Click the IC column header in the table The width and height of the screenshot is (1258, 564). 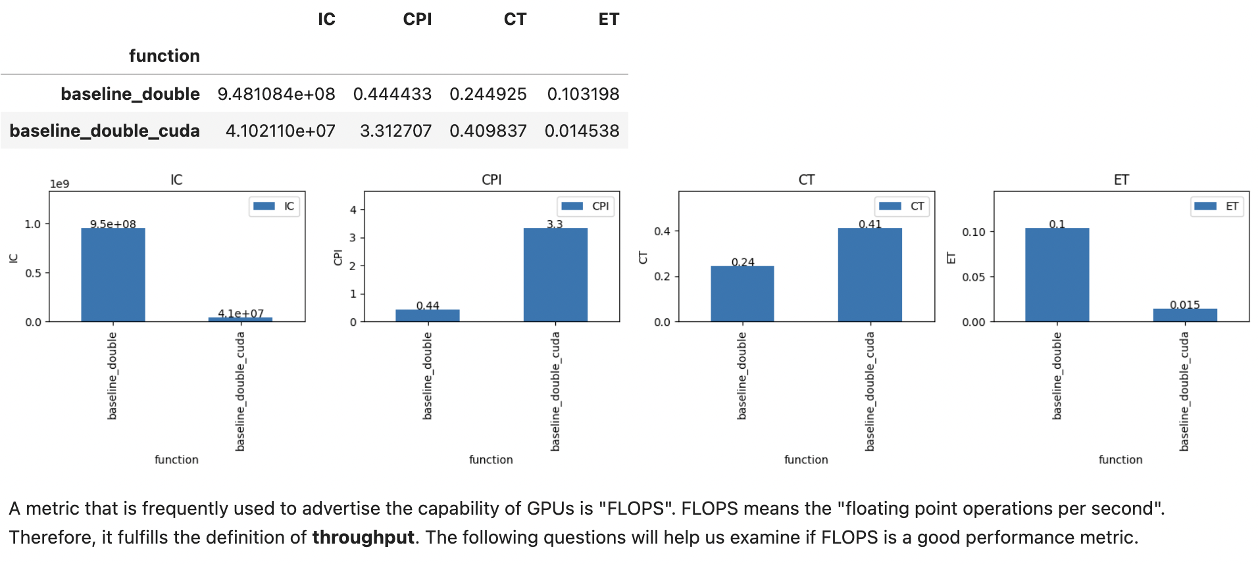click(x=326, y=19)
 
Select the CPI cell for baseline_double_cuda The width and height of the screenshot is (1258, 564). click(x=395, y=131)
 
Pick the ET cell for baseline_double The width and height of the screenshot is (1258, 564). click(x=583, y=94)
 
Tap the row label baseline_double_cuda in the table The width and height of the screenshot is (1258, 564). click(x=105, y=131)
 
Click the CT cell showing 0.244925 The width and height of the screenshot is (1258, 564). click(x=488, y=94)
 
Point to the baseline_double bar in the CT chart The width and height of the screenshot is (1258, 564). click(x=742, y=294)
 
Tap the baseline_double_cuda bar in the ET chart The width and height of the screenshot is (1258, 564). click(x=1185, y=315)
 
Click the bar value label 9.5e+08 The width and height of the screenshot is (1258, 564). click(x=113, y=224)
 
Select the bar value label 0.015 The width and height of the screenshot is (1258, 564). click(x=1185, y=304)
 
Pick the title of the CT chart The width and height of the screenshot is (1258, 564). click(x=806, y=179)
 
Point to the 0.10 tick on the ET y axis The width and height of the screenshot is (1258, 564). click(x=974, y=232)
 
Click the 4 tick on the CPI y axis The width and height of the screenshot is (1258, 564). click(x=353, y=210)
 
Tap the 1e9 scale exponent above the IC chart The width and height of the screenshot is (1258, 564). click(x=59, y=184)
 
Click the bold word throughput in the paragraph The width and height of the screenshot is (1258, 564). click(x=363, y=537)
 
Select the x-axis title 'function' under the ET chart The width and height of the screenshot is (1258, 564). click(x=1120, y=459)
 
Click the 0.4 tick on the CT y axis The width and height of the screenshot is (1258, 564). click(x=662, y=231)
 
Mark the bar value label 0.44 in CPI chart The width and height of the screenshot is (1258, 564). click(x=428, y=306)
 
